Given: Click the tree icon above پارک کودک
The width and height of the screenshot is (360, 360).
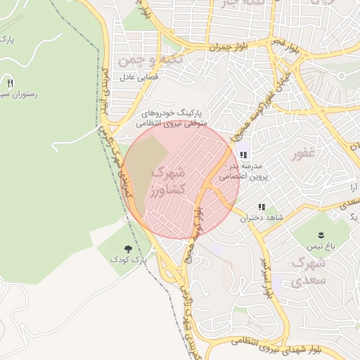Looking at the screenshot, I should pos(127,249).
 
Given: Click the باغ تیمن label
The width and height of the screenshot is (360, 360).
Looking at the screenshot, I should pos(321,247).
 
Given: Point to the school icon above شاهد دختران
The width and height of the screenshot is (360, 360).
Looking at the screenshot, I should pos(262,207).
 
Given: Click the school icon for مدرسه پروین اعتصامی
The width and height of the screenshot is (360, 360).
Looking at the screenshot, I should pos(243,155).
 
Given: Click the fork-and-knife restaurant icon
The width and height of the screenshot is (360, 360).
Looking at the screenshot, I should pos(10,82).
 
